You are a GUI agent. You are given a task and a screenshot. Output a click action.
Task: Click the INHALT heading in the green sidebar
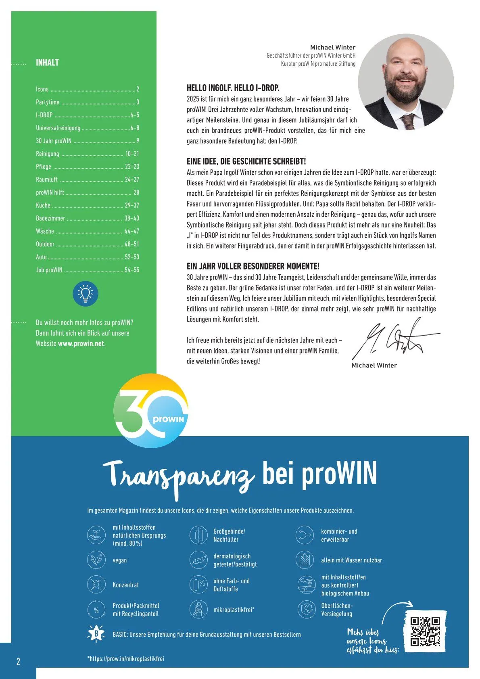coord(47,63)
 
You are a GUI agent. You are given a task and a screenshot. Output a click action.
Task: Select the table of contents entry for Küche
coord(43,205)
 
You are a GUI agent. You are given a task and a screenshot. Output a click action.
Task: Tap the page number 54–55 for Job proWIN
coord(132,270)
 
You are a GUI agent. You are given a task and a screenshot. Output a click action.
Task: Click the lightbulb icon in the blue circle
coord(86,294)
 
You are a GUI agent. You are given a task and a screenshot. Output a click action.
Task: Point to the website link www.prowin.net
coord(81,344)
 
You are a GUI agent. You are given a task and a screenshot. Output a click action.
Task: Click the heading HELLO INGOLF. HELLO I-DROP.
coord(233,88)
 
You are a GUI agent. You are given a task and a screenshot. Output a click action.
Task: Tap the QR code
coord(425,632)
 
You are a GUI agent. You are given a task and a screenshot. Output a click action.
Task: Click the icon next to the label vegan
coord(96,560)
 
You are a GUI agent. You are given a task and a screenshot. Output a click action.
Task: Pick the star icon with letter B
coord(96,634)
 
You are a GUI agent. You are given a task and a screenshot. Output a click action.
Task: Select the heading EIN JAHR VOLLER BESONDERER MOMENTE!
coord(253,266)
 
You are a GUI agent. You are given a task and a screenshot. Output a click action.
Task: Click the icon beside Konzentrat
coord(96,585)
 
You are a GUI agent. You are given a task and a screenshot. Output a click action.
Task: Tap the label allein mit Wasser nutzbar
coord(351,560)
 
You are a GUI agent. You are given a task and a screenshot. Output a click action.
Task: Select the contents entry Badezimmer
coord(50,218)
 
